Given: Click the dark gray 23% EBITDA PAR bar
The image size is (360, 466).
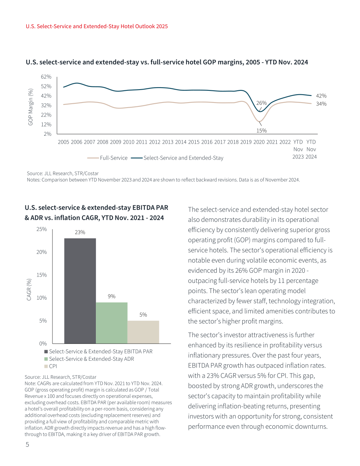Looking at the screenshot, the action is coord(80,291).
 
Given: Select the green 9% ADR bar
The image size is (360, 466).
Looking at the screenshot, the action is coord(112,323).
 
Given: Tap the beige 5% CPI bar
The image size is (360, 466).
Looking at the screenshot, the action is coord(143,332).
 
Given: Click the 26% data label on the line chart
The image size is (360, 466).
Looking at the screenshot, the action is coord(262,103).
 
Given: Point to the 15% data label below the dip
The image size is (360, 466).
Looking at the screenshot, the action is coord(262,130).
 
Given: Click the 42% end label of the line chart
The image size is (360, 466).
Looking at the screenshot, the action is coord(321,96).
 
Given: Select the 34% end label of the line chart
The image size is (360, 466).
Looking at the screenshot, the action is coord(321,104).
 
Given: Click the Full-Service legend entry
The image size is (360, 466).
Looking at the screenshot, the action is coord(107,158).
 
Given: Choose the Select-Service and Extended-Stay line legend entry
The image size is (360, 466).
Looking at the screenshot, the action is coord(177,158).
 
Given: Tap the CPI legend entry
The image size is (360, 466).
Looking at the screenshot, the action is coord(50,366).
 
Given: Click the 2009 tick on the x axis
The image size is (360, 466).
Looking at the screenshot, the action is coord(115,142).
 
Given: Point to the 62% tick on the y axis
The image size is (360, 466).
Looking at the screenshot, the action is coord(46,77).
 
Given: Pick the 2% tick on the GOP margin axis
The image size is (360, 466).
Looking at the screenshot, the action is coord(48,134).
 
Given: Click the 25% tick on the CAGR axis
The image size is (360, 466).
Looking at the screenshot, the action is coord(41,229).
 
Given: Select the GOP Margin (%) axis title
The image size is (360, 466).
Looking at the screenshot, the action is coord(30,107).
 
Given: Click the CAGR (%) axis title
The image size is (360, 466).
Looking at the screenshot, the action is coord(29,290).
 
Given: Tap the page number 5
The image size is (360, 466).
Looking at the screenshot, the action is coord(27,444).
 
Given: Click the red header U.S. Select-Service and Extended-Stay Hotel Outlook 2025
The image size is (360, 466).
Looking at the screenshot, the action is coord(97,26).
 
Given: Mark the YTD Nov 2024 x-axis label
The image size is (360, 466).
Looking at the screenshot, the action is coord(311,149).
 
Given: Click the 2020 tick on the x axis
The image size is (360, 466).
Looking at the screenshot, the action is coord(259,142).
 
